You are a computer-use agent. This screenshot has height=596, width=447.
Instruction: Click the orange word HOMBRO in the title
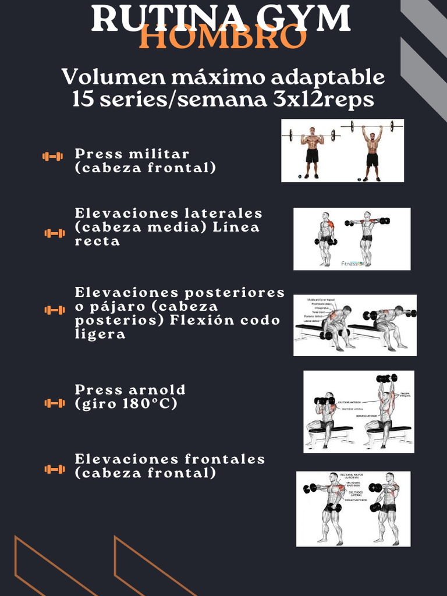point(223,38)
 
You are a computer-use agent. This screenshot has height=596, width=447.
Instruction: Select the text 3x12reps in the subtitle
point(323,100)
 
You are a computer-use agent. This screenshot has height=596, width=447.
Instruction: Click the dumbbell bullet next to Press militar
point(52,157)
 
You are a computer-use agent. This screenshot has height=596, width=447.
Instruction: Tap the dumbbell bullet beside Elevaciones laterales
point(55,233)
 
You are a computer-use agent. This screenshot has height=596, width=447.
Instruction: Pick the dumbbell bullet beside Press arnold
point(55,403)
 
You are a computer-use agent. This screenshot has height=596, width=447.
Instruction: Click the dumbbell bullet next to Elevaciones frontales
point(55,469)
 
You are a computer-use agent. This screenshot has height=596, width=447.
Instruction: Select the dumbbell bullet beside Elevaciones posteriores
point(55,310)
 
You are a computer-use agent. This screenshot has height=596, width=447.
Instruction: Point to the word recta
point(97,242)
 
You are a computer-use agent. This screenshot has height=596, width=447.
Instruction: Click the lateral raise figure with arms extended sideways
point(367,237)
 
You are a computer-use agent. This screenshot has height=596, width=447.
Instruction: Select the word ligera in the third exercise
point(100,335)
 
